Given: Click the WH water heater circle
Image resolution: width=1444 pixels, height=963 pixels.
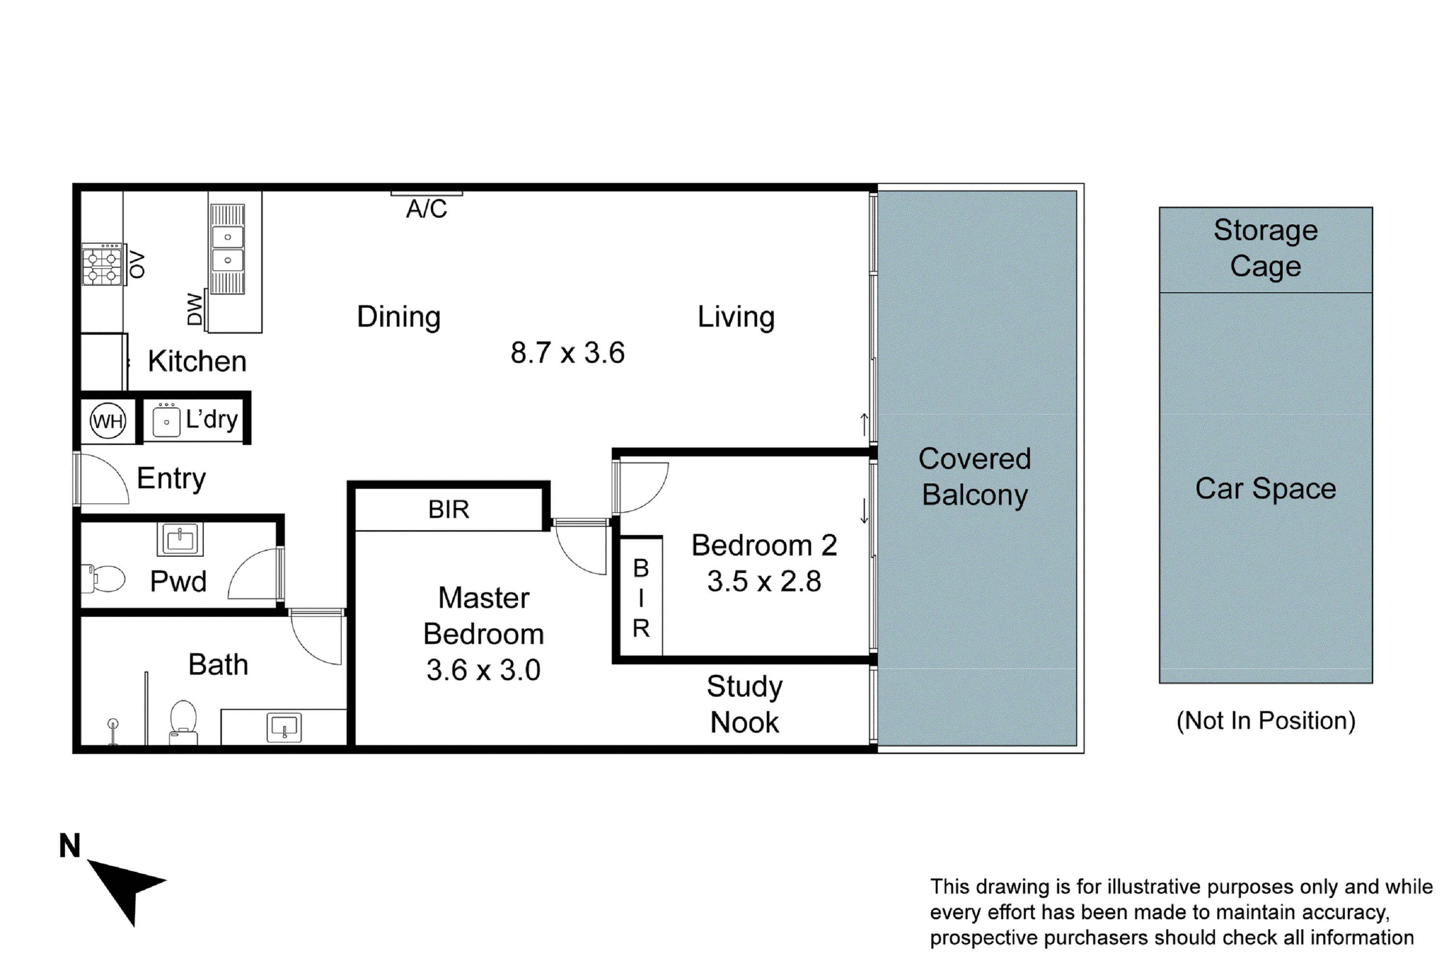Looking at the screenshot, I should tap(108, 421).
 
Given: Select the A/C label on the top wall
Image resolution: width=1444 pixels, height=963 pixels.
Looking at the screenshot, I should tap(426, 209).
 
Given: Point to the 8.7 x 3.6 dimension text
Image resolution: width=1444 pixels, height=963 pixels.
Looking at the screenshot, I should tap(567, 352).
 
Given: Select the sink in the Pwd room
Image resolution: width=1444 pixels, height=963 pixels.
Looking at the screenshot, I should tap(180, 539).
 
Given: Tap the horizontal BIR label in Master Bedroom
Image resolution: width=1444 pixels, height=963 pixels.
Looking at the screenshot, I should tap(449, 509).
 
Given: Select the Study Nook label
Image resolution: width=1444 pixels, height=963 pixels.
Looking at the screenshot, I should tap(744, 704).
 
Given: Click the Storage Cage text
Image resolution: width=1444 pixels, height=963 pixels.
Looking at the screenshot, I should tap(1265, 248).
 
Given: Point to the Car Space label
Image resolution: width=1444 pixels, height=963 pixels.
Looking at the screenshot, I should tap(1265, 488).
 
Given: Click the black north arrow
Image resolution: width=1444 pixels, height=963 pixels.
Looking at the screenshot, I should tap(126, 887).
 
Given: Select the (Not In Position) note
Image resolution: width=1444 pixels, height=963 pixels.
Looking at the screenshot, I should tap(1265, 720).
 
